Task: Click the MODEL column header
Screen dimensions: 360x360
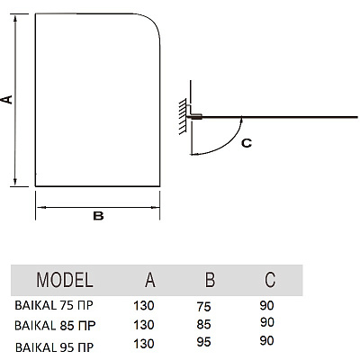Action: coord(65,280)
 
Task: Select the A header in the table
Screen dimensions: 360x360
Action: coord(150,280)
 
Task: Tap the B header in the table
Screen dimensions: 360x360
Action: coord(210,280)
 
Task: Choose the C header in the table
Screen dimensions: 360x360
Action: coord(270,280)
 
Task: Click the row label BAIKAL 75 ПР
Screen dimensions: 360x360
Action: coord(54,305)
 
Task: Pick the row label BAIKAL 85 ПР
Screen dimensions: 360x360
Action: coord(55,325)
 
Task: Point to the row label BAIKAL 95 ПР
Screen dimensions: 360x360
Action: coord(54,347)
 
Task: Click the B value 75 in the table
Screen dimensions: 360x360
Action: coord(204,307)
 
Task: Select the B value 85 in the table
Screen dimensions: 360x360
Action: coord(204,324)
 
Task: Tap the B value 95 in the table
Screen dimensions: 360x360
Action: coord(204,342)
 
